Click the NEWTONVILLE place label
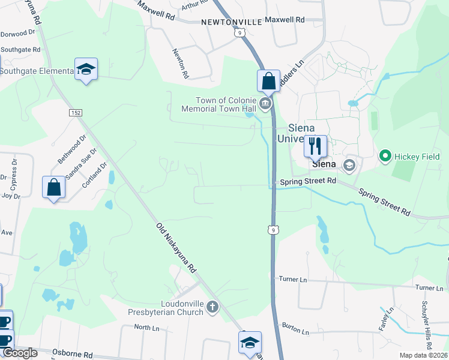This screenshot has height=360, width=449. (x=232, y=22)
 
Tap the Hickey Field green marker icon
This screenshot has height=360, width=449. (x=385, y=157)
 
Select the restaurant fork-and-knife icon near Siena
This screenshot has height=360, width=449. (x=315, y=145)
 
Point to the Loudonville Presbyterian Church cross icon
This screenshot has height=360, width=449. (x=212, y=308)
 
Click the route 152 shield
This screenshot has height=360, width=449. (x=75, y=113)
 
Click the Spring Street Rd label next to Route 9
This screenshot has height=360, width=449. (x=307, y=181)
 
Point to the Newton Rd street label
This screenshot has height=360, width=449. (x=181, y=64)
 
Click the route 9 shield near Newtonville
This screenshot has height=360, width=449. (x=240, y=34)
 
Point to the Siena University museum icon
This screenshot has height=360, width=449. (x=349, y=164)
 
